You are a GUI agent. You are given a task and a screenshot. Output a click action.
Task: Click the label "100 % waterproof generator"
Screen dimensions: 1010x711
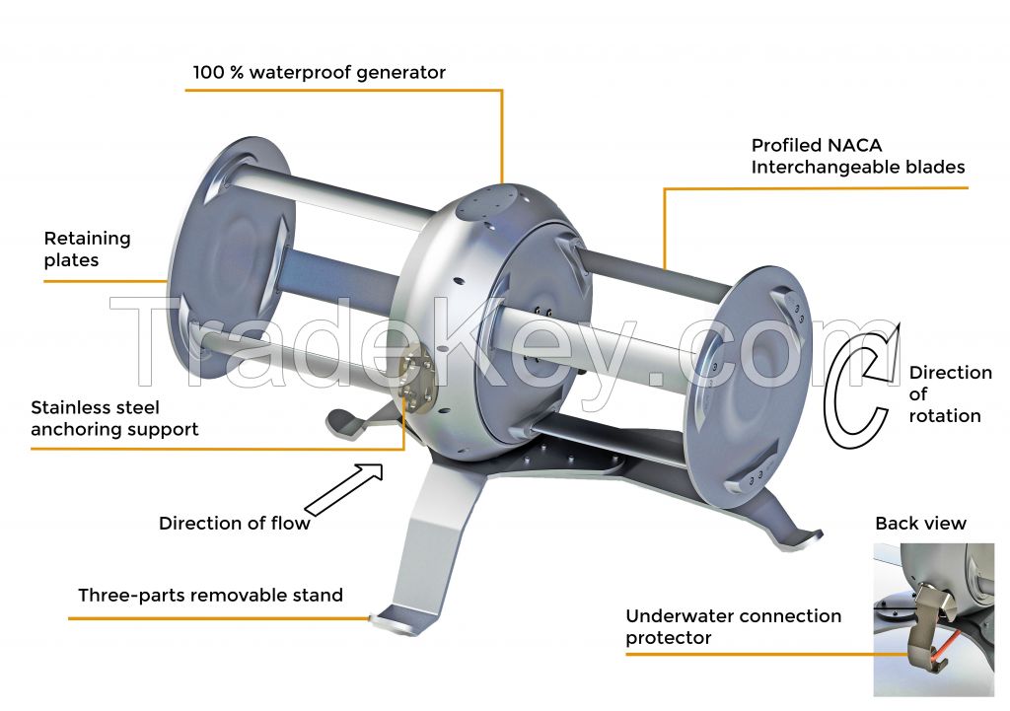point(319,72)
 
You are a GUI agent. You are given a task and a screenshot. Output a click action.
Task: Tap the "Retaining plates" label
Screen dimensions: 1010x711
point(87,249)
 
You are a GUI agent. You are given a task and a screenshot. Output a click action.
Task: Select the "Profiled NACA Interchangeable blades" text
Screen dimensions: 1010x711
point(858,157)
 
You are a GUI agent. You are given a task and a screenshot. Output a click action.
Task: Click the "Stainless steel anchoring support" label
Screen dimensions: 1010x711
point(114,418)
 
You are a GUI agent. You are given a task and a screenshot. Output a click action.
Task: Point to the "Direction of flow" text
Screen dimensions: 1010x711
point(235,523)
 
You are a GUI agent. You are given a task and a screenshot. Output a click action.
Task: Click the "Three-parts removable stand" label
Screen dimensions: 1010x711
point(211,595)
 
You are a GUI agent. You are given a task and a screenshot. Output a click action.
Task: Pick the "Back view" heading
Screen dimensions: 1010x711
point(920,523)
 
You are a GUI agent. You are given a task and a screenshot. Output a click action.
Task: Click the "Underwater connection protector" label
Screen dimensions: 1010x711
point(733,626)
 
